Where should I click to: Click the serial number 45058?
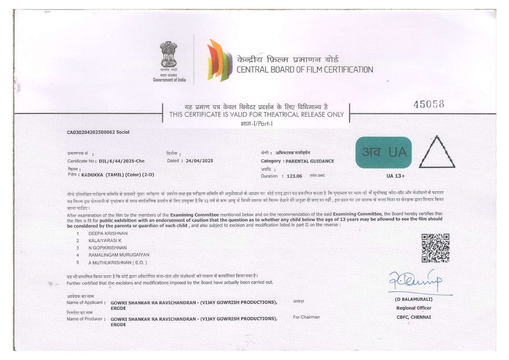pyautogui.click(x=429, y=104)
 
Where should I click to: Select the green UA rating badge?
pyautogui.click(x=384, y=152)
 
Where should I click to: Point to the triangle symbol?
pyautogui.click(x=436, y=153)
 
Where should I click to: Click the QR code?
pyautogui.click(x=435, y=248)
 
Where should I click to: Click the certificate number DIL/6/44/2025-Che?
pyautogui.click(x=122, y=161)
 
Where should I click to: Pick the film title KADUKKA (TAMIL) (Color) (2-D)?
pyautogui.click(x=117, y=175)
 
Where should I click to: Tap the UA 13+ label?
pyautogui.click(x=395, y=176)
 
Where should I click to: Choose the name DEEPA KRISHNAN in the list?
pyautogui.click(x=108, y=233)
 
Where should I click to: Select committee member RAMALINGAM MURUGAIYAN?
pyautogui.click(x=118, y=255)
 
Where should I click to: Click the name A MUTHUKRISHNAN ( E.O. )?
pyautogui.click(x=118, y=262)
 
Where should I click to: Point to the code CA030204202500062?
pyautogui.click(x=91, y=132)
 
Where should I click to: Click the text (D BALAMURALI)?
pyautogui.click(x=413, y=300)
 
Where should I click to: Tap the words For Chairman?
pyautogui.click(x=306, y=317)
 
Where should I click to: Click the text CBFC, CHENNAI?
pyautogui.click(x=413, y=317)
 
